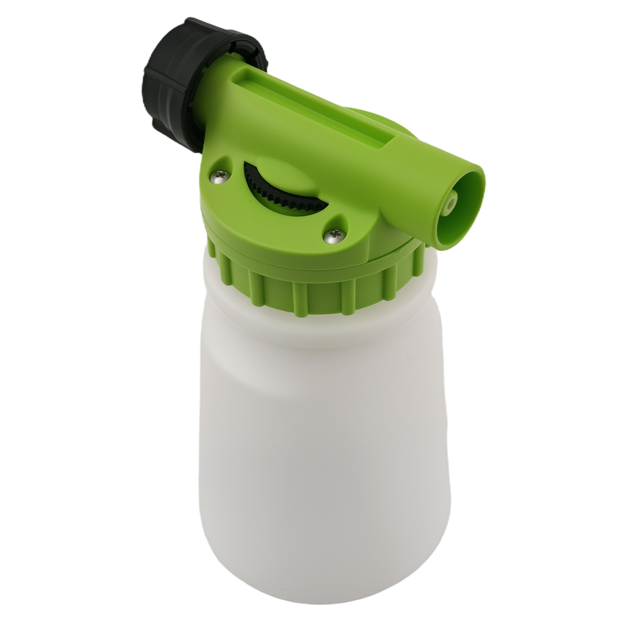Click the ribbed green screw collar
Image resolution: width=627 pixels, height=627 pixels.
click(x=313, y=288)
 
